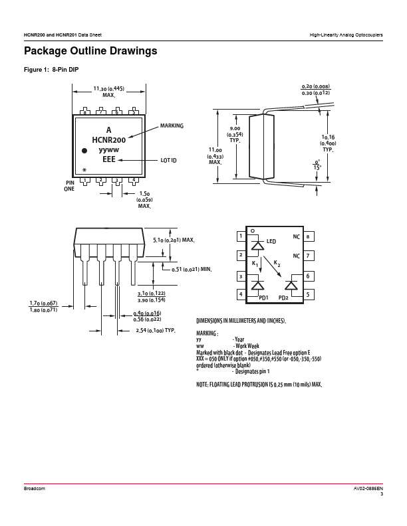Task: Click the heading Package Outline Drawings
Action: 90,51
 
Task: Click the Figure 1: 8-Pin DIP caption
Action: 51,70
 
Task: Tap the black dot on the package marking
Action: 84,151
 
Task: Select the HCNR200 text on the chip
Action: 109,139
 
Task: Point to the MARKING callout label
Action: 172,126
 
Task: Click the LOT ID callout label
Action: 168,160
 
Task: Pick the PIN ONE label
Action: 70,186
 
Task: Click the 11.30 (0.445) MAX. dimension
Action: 109,92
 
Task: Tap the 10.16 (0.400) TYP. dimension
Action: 328,143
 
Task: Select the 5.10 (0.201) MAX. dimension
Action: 174,240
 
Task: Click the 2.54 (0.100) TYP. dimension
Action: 156,331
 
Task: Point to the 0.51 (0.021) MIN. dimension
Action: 192,270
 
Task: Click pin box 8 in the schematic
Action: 309,236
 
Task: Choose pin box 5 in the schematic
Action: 309,295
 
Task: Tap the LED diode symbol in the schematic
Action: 257,245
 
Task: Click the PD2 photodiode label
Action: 283,298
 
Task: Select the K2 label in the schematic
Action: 277,264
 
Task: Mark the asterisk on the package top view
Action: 84,170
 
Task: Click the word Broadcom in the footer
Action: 35,488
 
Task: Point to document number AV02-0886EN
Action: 368,488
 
